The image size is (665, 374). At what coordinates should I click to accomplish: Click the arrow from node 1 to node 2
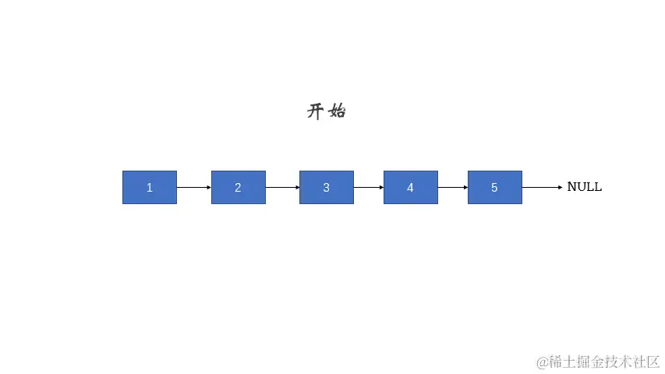pos(193,188)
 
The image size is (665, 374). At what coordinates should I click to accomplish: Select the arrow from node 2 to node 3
pos(282,188)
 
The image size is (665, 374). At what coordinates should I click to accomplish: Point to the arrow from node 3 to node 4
pos(368,188)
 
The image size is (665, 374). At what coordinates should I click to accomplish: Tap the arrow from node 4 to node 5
pos(452,188)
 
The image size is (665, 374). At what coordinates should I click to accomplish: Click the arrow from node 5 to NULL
pos(541,188)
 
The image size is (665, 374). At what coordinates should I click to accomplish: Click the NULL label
pos(584,187)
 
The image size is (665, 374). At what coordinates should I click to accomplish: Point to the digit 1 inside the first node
pos(149,188)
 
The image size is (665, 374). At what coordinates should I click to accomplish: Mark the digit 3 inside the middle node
pos(326,188)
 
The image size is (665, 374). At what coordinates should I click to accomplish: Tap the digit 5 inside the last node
pos(494,188)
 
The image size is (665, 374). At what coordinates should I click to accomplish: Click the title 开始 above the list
pos(326,111)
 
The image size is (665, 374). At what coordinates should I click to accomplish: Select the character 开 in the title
pos(315,111)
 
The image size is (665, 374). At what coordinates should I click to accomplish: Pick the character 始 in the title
pos(338,111)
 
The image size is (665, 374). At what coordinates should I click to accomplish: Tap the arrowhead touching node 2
pos(209,188)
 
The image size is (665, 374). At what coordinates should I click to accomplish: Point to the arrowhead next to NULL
pos(560,188)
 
